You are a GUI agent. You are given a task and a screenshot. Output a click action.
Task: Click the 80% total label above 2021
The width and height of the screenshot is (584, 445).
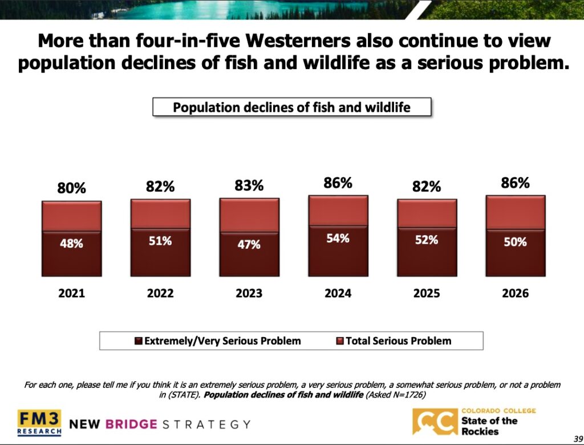71,188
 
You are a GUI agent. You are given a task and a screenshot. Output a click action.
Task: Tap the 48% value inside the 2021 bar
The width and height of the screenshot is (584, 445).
72,243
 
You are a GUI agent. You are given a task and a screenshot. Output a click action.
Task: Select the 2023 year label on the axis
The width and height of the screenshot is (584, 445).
249,293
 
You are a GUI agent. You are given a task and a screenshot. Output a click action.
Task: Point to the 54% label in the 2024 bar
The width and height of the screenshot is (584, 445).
338,238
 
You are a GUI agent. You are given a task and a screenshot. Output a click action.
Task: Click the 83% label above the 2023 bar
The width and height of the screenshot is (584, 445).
249,185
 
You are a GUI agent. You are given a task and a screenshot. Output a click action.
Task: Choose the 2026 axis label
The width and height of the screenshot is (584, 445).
515,293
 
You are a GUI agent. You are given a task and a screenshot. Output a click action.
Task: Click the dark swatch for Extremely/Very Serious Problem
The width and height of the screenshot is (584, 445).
138,341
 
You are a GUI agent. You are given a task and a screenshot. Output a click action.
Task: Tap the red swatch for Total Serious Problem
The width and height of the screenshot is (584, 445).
340,341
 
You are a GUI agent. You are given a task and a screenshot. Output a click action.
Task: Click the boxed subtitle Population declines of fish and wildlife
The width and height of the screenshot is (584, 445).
291,107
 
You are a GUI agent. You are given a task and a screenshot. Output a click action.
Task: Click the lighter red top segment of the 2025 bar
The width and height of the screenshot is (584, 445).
427,213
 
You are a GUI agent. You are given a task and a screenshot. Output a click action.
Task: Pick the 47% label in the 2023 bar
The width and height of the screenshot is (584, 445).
249,244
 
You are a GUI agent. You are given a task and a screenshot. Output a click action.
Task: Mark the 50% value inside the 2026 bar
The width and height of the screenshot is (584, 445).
515,242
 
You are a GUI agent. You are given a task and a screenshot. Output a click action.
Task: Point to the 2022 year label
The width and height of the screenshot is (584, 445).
160,293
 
